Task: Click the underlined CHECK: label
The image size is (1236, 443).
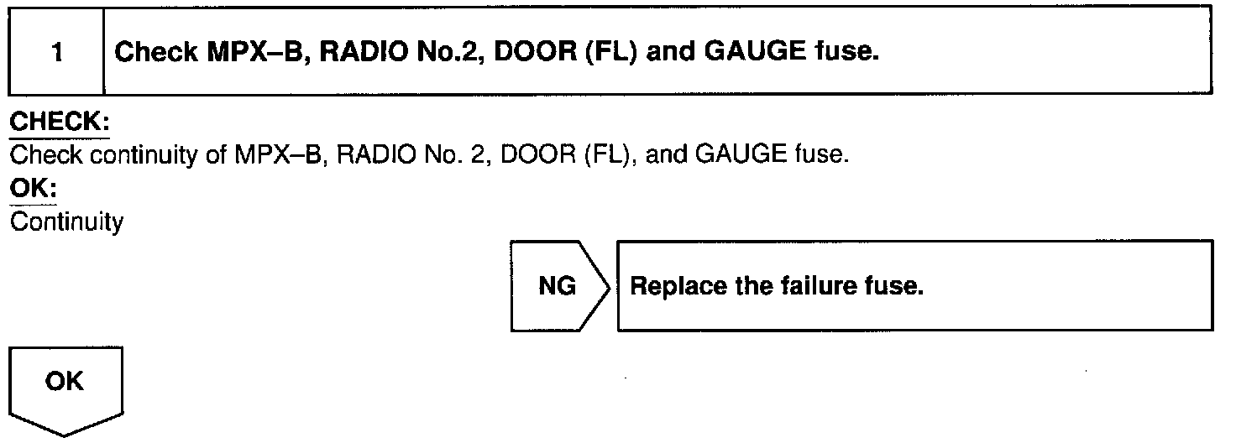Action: pos(59,122)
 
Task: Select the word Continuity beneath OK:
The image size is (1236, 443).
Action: pos(66,224)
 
